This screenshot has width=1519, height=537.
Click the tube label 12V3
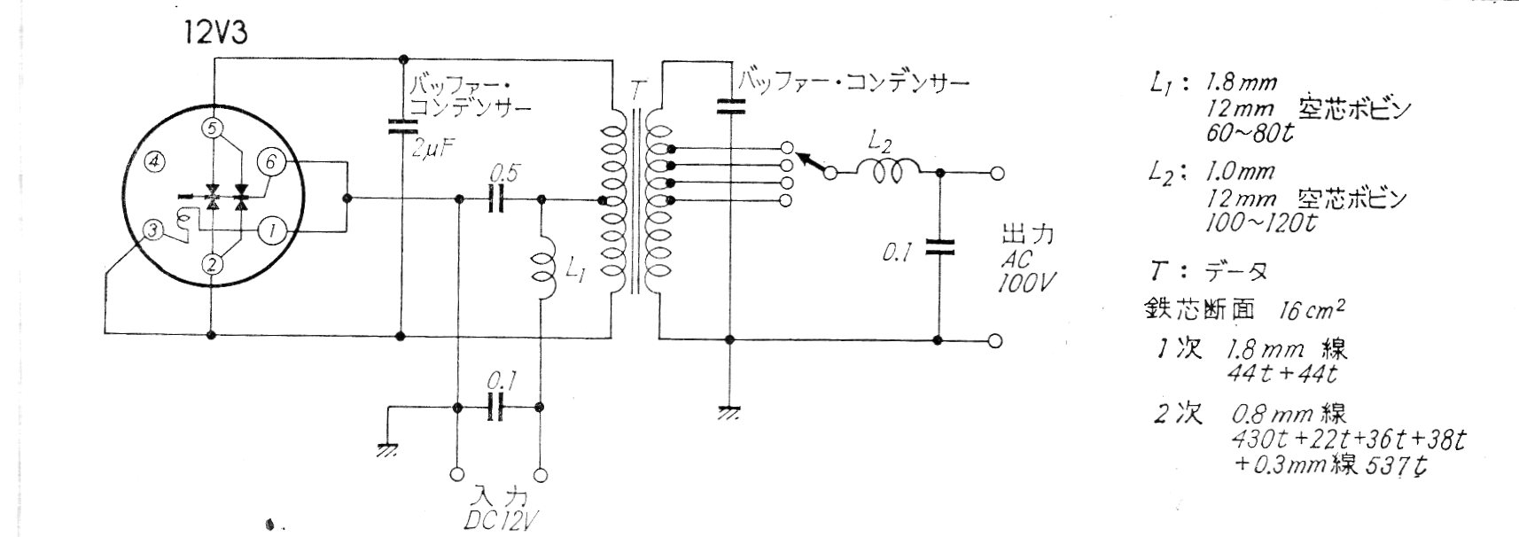point(215,34)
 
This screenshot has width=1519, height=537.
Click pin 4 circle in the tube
point(155,162)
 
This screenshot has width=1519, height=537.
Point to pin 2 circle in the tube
point(212,263)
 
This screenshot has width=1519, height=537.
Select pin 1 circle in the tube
point(271,232)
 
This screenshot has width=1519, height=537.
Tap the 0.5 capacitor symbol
point(498,200)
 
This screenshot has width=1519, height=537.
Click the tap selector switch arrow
point(810,163)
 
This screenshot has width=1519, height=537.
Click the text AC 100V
point(1026,271)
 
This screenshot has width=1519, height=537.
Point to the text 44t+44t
point(1281,374)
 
